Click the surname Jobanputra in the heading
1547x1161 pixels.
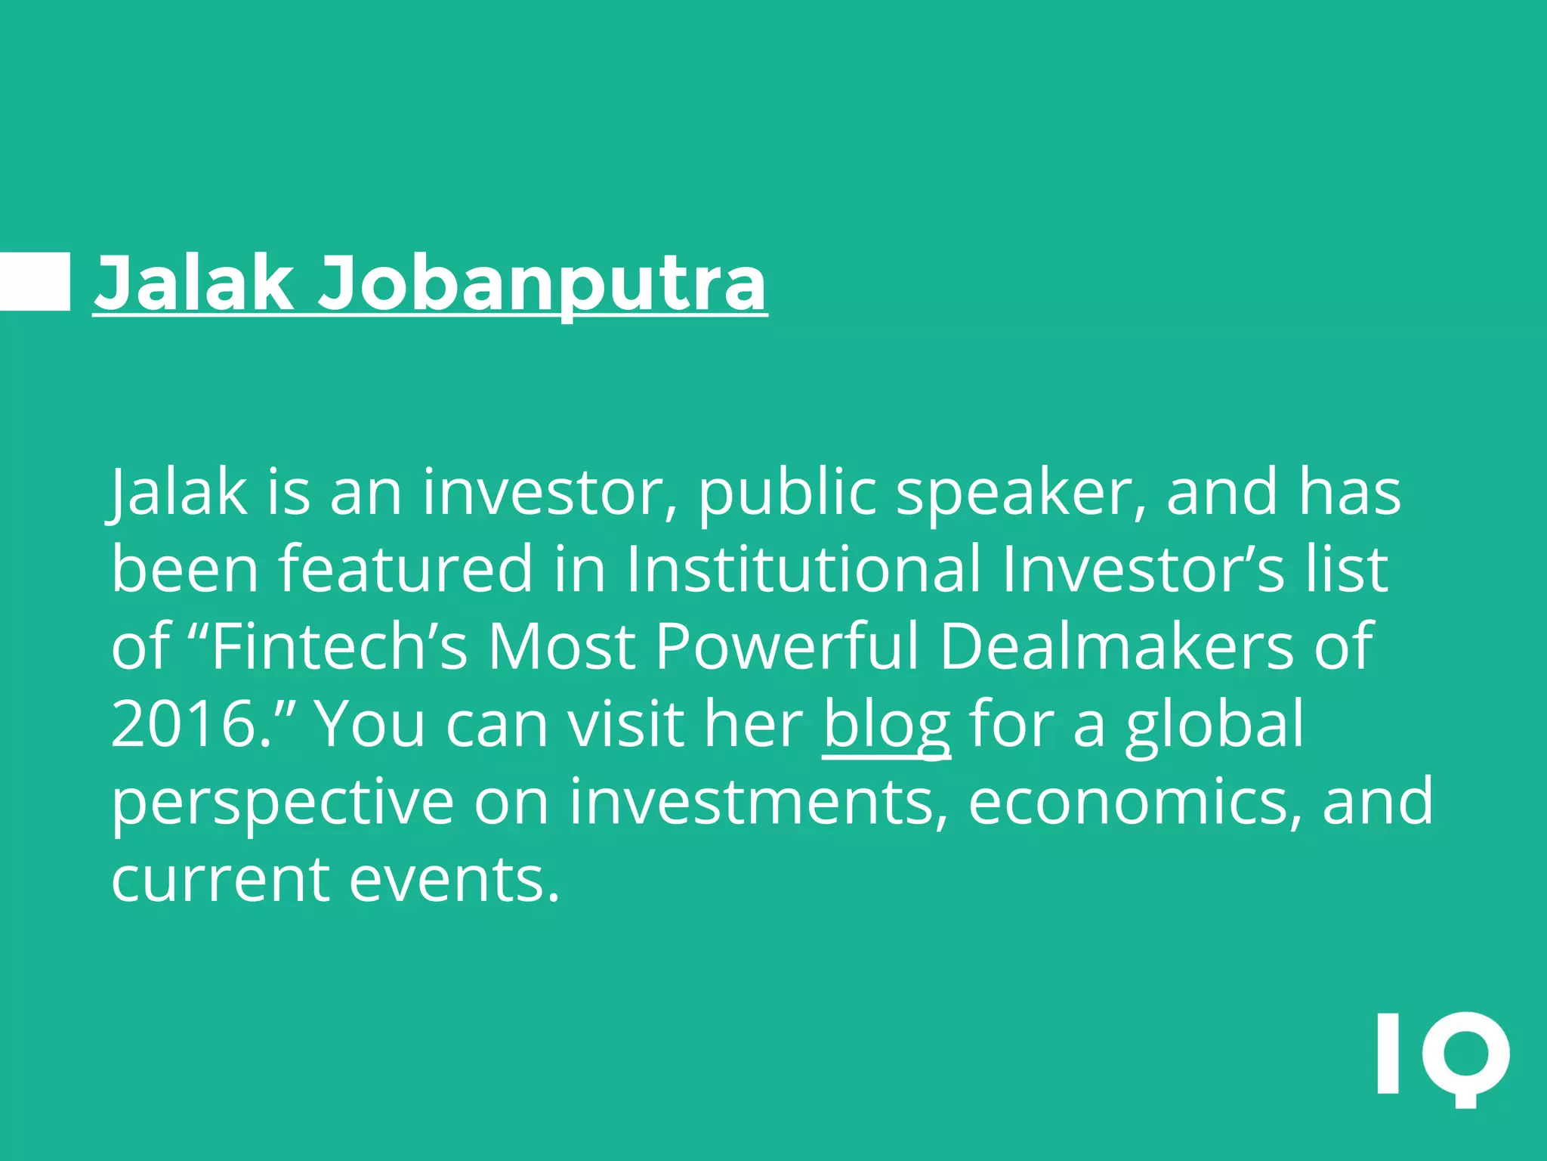542,283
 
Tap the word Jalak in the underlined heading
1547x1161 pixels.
193,283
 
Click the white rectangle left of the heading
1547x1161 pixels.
35,282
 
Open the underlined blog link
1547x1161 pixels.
886,724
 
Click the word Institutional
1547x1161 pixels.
804,568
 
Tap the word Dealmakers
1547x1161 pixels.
1116,646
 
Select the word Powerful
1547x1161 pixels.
786,646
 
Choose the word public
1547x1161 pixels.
786,492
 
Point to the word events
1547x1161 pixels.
455,879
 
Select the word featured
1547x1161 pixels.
406,568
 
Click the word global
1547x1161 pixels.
1215,724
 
